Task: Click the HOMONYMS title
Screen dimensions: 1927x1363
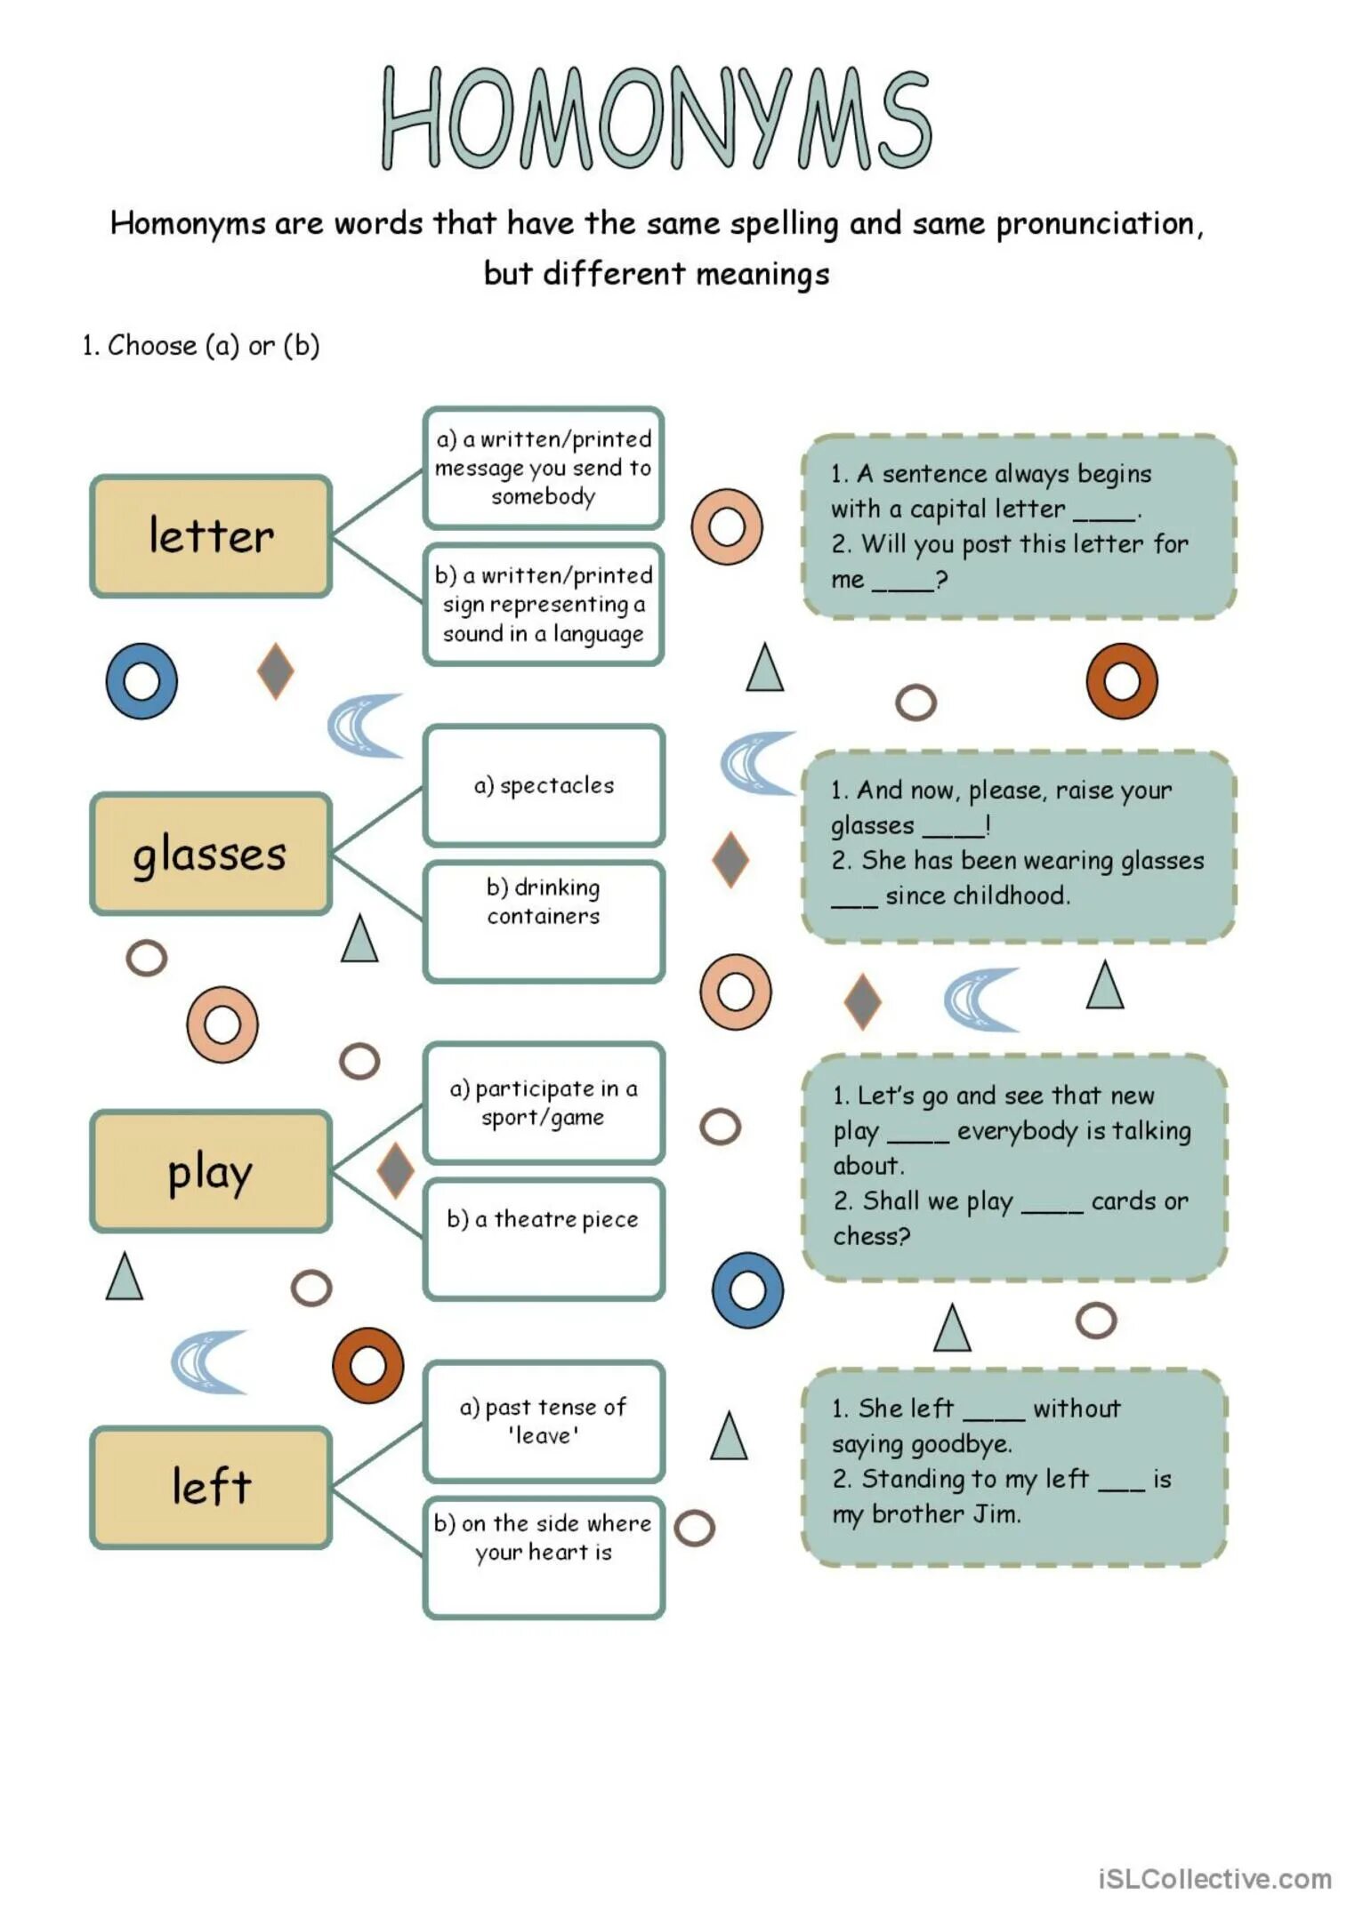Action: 657,117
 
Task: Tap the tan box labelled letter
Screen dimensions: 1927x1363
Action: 211,536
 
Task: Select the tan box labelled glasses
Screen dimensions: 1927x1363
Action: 211,854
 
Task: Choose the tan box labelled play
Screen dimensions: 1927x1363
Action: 211,1171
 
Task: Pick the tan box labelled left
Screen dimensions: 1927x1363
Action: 211,1487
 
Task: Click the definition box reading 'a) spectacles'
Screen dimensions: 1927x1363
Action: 544,785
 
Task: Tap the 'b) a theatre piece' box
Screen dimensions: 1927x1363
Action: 544,1238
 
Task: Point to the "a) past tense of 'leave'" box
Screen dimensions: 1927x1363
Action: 544,1421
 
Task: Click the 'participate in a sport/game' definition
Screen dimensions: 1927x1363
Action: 544,1103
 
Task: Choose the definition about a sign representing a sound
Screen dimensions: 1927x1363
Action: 544,605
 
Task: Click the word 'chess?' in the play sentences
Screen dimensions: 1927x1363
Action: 871,1236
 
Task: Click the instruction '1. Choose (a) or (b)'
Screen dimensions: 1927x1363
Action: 200,345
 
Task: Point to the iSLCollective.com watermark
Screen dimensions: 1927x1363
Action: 1214,1879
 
